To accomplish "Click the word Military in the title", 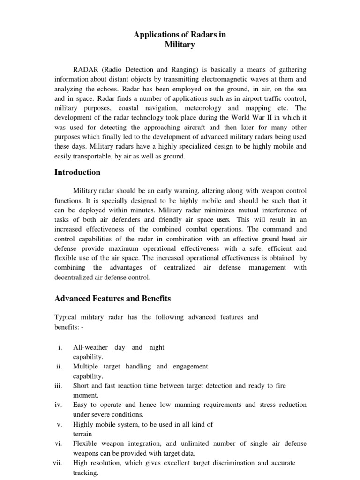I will point(180,45).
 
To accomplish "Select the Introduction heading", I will point(77,172).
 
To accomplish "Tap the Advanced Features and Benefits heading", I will point(112,299).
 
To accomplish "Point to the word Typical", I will point(66,317).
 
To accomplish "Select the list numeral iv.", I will point(58,405).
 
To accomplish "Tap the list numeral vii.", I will point(57,463).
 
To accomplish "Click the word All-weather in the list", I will point(90,348).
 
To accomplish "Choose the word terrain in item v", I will point(82,434).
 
